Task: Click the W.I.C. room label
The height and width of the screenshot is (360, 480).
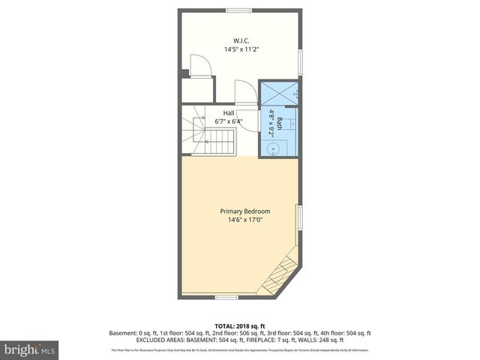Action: click(x=240, y=40)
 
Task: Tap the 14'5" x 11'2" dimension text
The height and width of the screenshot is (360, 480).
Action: click(x=240, y=49)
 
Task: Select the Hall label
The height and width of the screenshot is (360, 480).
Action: click(x=228, y=112)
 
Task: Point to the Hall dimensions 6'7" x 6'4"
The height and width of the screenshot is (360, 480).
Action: click(x=228, y=121)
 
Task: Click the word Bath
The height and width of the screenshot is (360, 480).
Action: click(x=279, y=123)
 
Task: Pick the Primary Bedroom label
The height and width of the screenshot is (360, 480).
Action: click(x=240, y=211)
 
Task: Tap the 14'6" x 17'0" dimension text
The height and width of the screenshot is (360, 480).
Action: click(x=240, y=220)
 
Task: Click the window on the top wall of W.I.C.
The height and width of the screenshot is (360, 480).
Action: click(x=240, y=10)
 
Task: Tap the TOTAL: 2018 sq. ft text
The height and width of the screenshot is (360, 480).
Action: click(x=240, y=325)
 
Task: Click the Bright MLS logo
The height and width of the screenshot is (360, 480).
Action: click(x=28, y=349)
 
